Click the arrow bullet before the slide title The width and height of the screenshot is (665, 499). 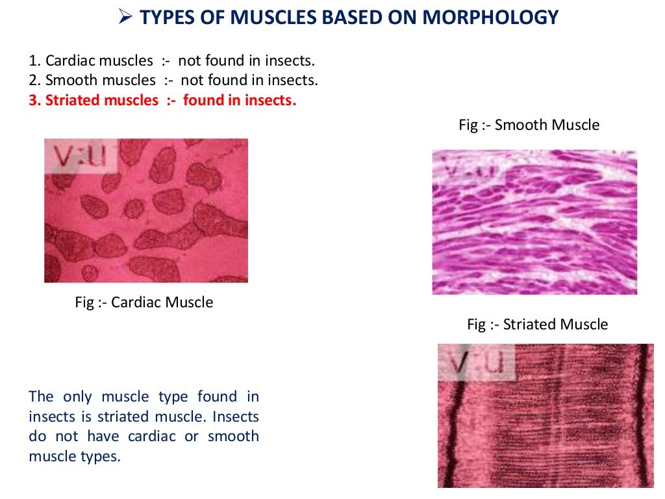127,17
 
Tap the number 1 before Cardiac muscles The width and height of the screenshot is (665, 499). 32,61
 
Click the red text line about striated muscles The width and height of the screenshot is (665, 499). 162,100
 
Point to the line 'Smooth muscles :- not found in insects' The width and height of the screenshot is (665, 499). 173,81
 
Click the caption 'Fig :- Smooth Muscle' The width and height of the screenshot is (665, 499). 529,125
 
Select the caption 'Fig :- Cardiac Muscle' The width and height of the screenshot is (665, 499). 144,302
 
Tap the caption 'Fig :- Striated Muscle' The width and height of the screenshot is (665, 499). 538,324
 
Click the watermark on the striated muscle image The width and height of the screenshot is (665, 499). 476,362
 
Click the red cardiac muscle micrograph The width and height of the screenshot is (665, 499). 146,221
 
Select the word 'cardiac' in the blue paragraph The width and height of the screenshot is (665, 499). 155,436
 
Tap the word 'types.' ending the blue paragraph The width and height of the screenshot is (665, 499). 103,456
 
